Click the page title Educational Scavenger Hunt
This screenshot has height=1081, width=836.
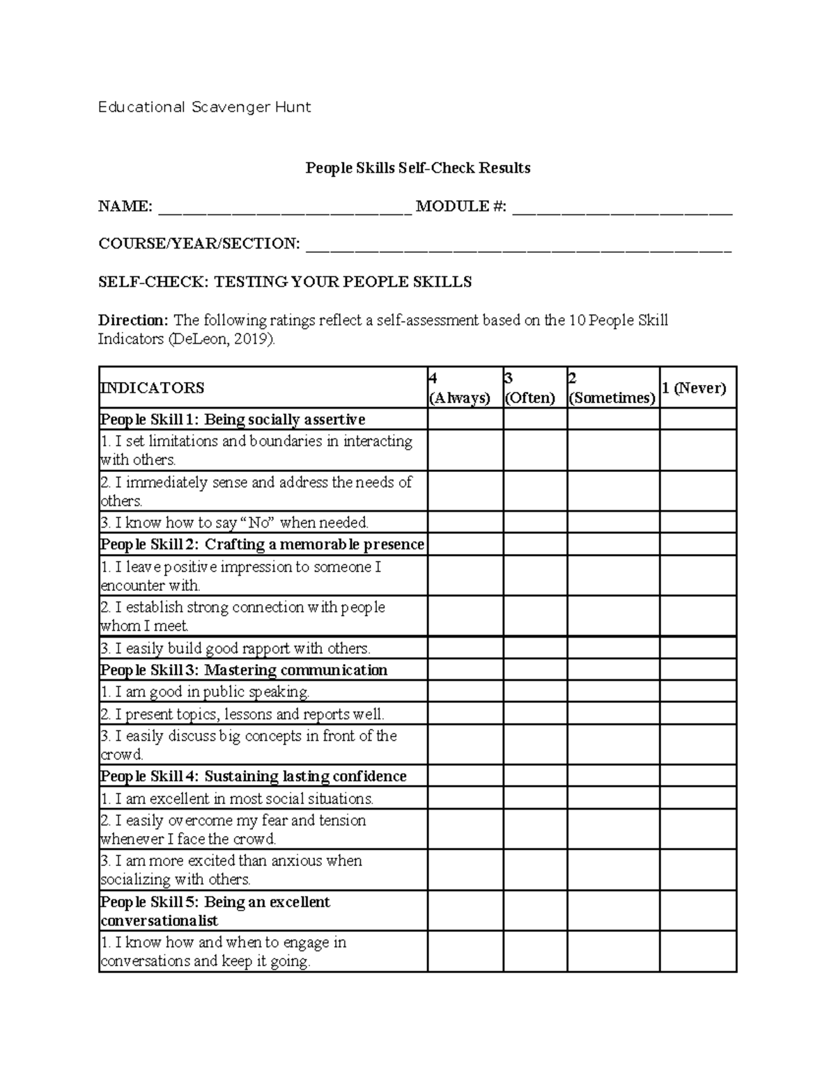pos(204,107)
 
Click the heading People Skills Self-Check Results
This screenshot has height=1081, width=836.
pos(418,168)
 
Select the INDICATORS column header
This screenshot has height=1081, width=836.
pos(153,388)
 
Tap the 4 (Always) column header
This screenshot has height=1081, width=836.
pos(460,388)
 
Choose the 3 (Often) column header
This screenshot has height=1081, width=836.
pos(531,388)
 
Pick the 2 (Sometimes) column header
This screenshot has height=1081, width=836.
pos(612,388)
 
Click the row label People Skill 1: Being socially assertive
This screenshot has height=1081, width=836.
pos(233,420)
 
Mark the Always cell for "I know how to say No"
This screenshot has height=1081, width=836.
pos(465,523)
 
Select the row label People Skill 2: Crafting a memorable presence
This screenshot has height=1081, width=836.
pos(262,544)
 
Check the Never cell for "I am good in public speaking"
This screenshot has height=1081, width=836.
pos(697,692)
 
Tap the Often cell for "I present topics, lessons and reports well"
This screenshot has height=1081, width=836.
pos(535,714)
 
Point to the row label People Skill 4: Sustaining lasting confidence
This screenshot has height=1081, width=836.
pos(254,776)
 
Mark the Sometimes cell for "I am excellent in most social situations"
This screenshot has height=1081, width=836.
pos(613,798)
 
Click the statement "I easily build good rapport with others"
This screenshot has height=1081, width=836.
pos(235,649)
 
